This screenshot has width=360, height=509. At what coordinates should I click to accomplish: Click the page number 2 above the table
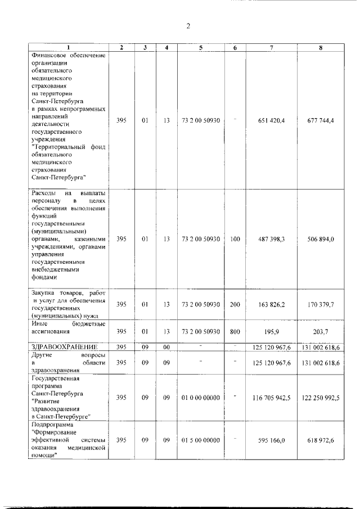tap(188, 26)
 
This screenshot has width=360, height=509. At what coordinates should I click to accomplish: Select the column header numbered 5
tap(201, 48)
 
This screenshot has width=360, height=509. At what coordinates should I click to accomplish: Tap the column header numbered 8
tap(320, 48)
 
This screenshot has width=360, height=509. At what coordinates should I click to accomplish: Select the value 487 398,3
tap(272, 239)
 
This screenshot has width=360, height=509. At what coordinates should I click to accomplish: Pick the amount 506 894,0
tap(321, 239)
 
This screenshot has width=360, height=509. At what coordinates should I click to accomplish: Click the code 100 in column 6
tap(235, 239)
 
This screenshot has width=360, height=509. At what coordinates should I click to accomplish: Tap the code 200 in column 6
tap(235, 304)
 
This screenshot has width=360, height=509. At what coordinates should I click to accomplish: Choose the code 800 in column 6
tap(235, 331)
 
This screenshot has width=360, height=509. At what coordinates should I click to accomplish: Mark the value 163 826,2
tap(272, 304)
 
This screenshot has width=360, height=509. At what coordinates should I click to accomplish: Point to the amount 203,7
tap(321, 331)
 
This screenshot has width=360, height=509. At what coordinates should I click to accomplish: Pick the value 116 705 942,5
tap(272, 398)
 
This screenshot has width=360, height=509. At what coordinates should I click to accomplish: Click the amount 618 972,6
tap(321, 440)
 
